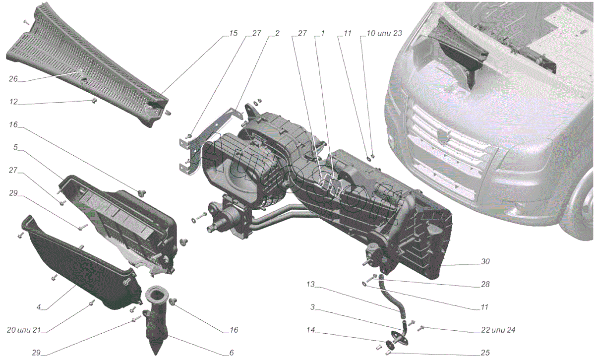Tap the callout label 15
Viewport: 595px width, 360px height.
tap(233, 34)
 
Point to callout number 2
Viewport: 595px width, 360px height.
tap(277, 34)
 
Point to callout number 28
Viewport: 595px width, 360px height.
tap(485, 285)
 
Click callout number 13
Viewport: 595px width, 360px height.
tap(310, 285)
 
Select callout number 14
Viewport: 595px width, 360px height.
tap(310, 329)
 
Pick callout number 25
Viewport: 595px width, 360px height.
tap(484, 353)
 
